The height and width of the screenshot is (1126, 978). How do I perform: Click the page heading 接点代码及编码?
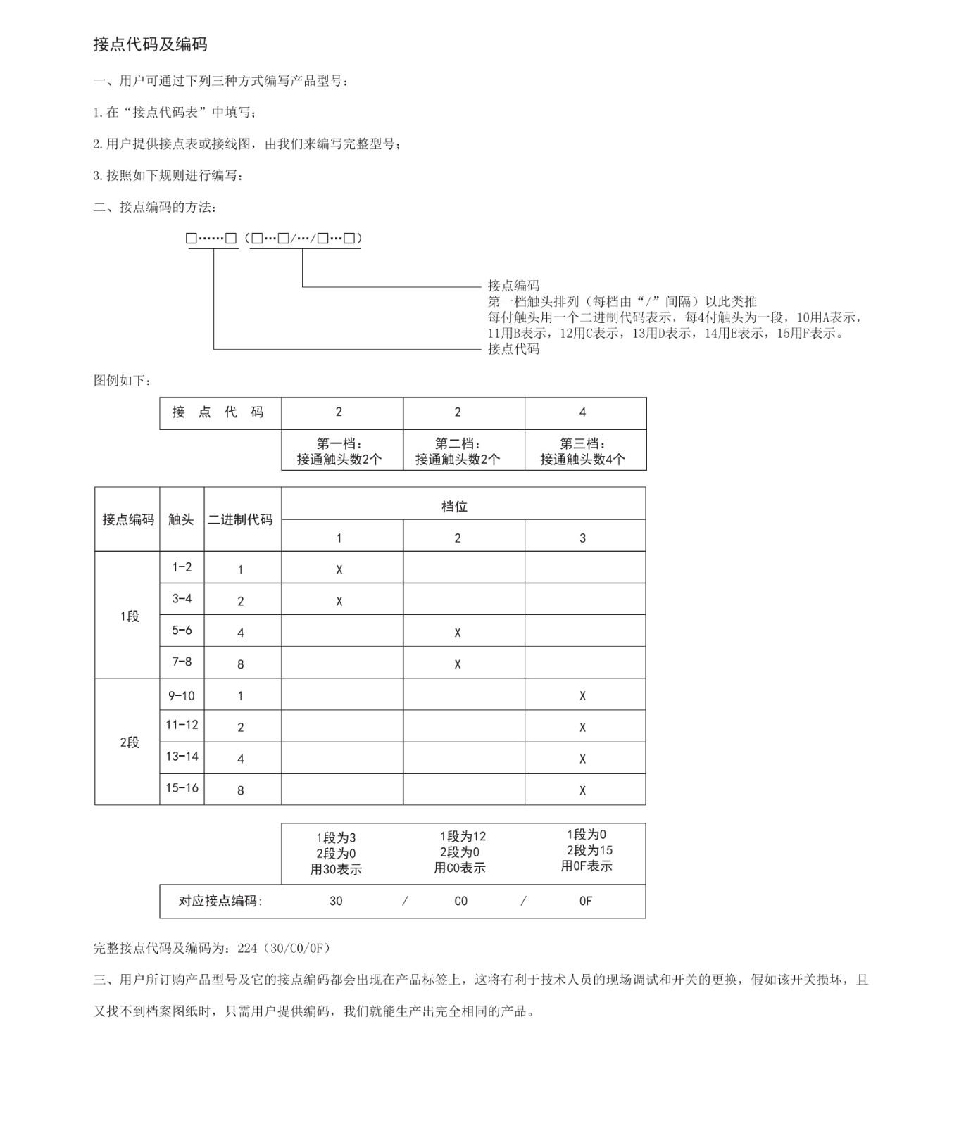[x=150, y=44]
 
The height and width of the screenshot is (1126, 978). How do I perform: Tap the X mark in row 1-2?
[x=339, y=569]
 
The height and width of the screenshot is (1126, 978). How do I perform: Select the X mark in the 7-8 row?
[x=458, y=664]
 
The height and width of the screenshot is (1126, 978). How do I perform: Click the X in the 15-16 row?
[x=582, y=790]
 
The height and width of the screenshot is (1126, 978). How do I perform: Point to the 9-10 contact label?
[x=182, y=696]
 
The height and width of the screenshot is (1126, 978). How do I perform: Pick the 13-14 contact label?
[x=182, y=757]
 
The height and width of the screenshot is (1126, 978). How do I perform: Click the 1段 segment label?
[x=130, y=616]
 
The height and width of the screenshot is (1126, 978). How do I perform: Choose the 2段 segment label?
[x=130, y=742]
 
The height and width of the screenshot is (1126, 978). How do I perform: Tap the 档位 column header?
[x=454, y=507]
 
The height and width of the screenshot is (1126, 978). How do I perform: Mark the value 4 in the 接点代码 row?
[x=582, y=412]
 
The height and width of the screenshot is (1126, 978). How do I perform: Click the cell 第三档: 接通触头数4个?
[x=582, y=452]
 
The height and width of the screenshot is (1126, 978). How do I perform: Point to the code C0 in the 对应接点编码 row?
[x=460, y=902]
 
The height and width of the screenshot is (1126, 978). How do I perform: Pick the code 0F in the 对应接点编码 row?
[x=586, y=902]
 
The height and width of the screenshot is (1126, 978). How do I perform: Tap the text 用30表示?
[x=336, y=870]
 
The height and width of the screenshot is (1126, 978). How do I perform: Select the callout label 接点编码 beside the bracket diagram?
[x=514, y=286]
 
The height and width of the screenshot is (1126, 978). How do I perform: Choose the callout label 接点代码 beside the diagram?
[x=514, y=349]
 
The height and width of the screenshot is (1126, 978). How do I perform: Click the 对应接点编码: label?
[x=220, y=902]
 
